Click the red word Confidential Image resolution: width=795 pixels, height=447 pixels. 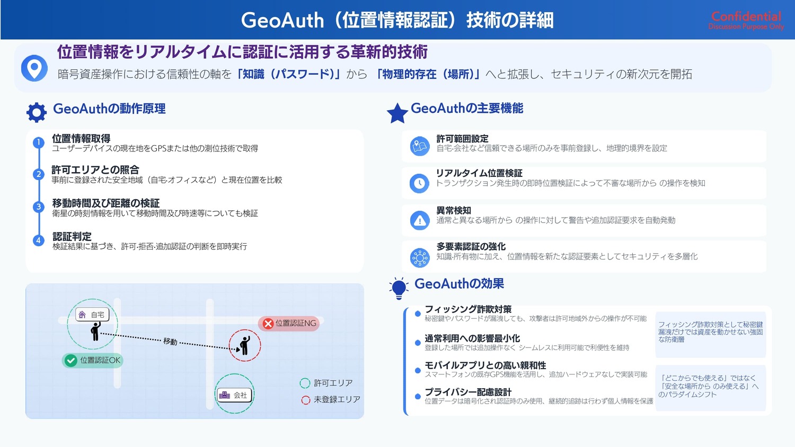click(746, 16)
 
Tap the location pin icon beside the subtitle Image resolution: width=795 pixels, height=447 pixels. click(34, 68)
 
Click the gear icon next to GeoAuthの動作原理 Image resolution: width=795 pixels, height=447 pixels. click(37, 112)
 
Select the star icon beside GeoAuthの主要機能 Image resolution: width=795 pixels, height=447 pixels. click(397, 113)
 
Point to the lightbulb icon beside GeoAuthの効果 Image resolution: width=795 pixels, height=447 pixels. click(399, 289)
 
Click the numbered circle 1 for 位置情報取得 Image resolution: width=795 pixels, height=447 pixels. click(38, 142)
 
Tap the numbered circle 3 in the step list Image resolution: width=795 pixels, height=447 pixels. click(38, 207)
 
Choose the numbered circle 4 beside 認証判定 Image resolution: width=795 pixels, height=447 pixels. click(38, 240)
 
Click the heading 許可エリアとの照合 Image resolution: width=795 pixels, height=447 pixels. click(95, 169)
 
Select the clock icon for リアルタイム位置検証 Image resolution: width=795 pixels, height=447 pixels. click(420, 183)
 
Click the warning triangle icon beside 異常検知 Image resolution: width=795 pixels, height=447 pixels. click(420, 220)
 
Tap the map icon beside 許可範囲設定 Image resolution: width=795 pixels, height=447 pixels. click(420, 146)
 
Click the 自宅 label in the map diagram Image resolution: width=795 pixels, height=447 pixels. click(92, 315)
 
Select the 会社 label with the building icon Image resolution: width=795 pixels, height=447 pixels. click(234, 395)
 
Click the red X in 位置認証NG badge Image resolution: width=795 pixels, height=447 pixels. click(268, 324)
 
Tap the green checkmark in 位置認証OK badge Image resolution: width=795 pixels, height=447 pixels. click(70, 361)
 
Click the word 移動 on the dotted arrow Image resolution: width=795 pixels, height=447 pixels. click(170, 341)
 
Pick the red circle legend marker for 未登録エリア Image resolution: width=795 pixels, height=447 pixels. click(306, 400)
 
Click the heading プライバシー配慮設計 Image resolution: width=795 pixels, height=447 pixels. click(468, 392)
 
